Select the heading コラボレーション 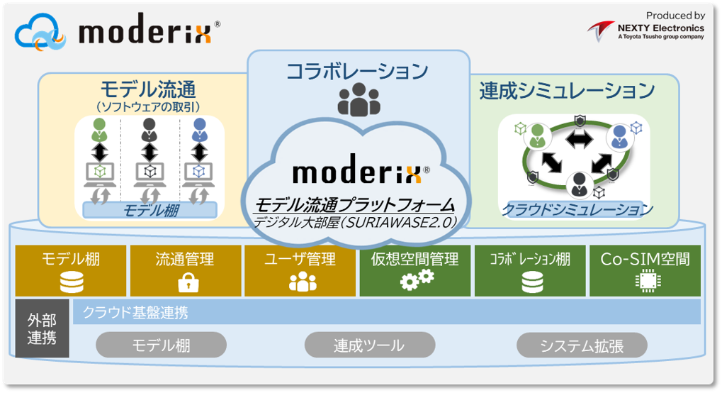coord(357,72)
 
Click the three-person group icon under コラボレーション coord(359,100)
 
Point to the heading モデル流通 coord(148,89)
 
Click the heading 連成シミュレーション coord(567,90)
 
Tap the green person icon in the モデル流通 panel coord(98,129)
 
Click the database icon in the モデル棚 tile coord(71,282)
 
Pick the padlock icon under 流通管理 coord(188,282)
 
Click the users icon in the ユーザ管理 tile coord(303,282)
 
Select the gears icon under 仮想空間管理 coord(417,280)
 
